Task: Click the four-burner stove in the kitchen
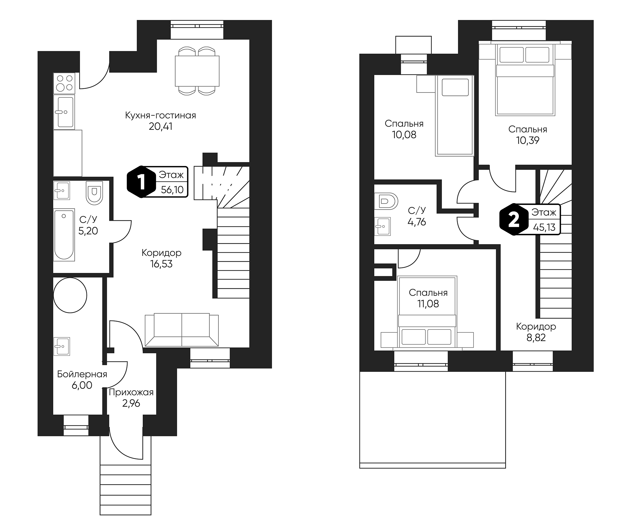(64, 83)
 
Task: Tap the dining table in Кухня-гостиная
(197, 71)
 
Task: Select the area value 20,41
(160, 127)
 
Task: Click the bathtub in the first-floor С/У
(64, 235)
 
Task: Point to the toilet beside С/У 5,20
(94, 193)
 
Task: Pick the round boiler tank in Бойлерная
(70, 295)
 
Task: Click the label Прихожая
(131, 392)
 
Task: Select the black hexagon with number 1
(141, 182)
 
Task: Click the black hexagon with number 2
(514, 219)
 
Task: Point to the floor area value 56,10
(172, 190)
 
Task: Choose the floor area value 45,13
(544, 227)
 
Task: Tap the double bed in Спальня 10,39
(525, 80)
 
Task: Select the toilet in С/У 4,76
(386, 202)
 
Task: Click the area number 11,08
(428, 304)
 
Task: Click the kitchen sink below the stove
(64, 112)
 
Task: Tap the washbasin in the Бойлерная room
(62, 346)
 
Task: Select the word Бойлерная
(82, 374)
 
